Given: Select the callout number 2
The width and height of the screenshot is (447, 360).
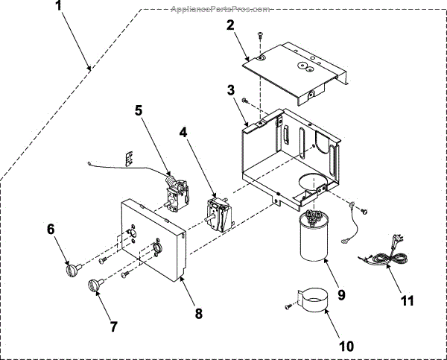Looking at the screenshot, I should (x=231, y=24).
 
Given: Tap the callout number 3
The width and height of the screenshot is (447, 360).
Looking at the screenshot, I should (x=232, y=90).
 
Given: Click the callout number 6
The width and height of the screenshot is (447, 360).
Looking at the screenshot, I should (x=51, y=230).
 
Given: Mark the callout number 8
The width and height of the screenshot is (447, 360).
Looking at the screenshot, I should (x=198, y=314).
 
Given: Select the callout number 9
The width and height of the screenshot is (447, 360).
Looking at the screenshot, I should (x=341, y=294).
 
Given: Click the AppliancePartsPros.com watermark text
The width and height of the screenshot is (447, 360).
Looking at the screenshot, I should (x=220, y=9).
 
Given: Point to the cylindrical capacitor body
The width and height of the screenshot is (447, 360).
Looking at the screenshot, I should (x=313, y=239).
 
